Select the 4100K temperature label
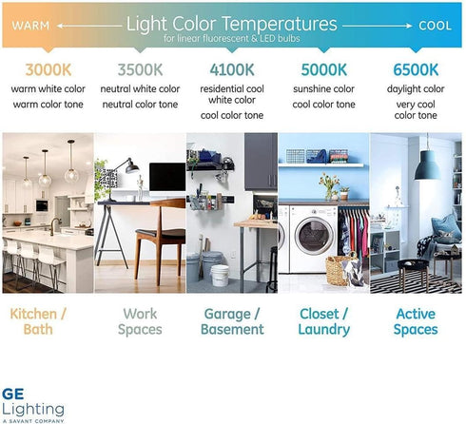click(x=232, y=68)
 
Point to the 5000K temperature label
click(x=325, y=68)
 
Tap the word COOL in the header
click(x=435, y=25)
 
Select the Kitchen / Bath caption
click(x=46, y=321)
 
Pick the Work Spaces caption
click(x=139, y=321)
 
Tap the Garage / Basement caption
click(x=232, y=321)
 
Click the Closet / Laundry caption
click(x=325, y=321)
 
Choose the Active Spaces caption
click(x=417, y=321)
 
